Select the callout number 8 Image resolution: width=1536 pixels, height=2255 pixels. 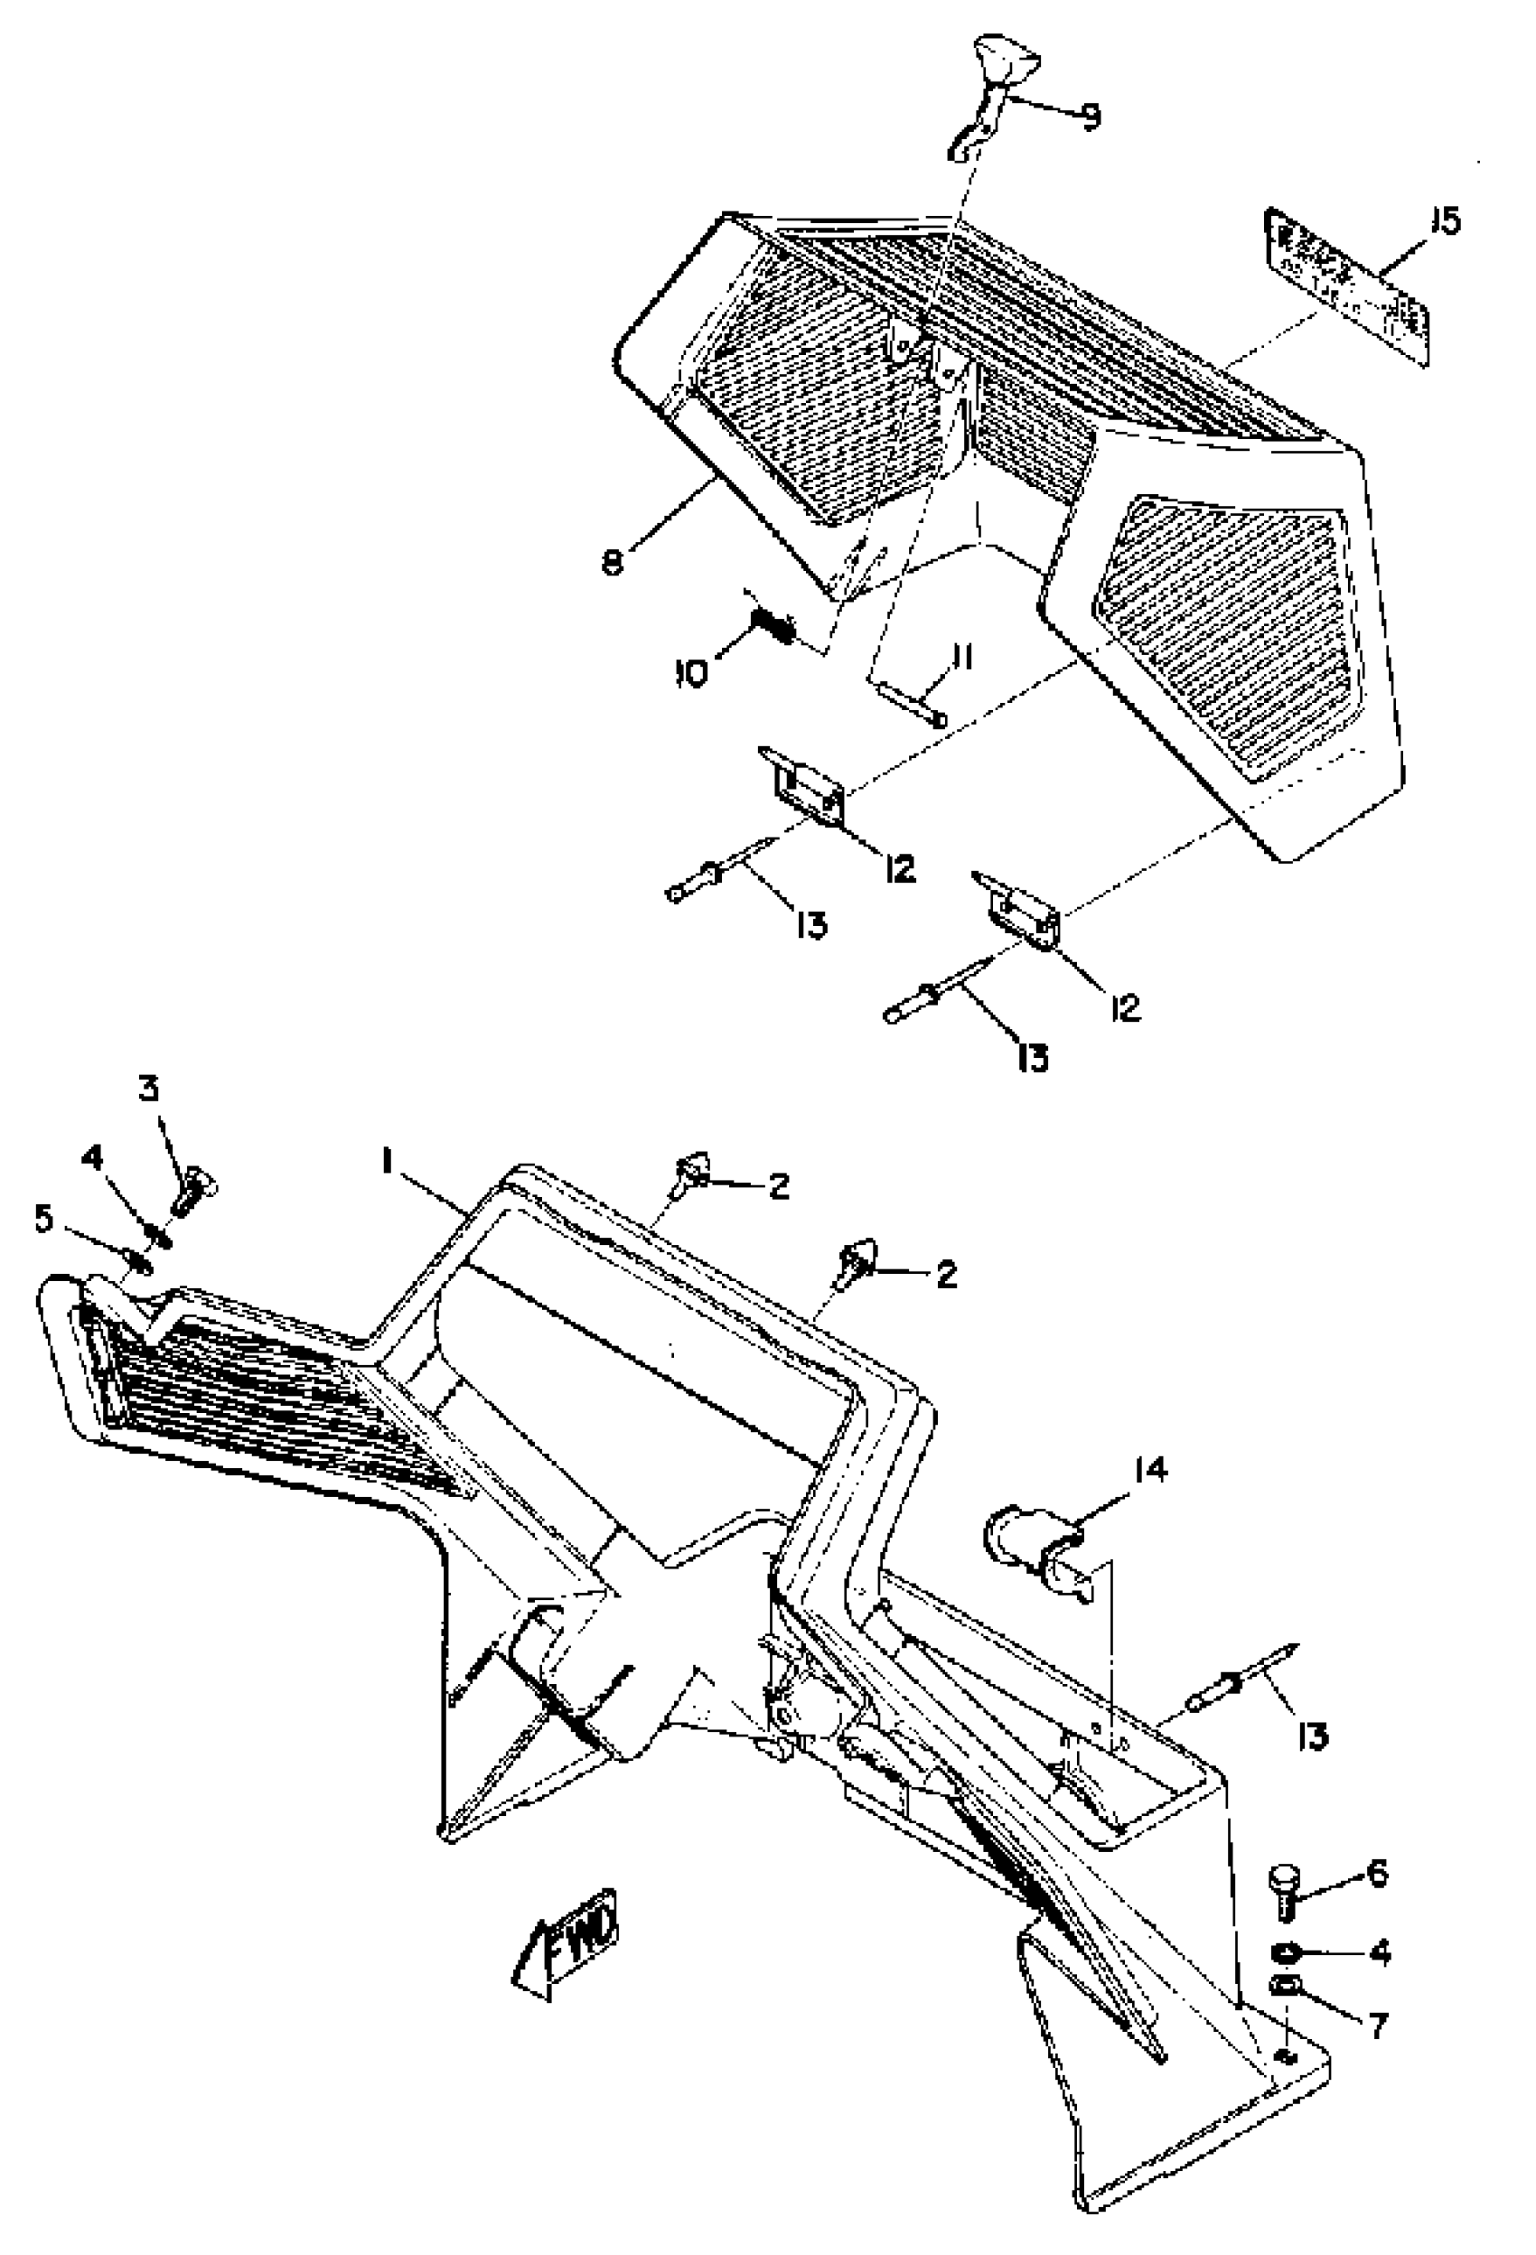click(x=613, y=562)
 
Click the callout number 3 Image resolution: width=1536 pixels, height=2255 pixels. click(x=147, y=1090)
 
